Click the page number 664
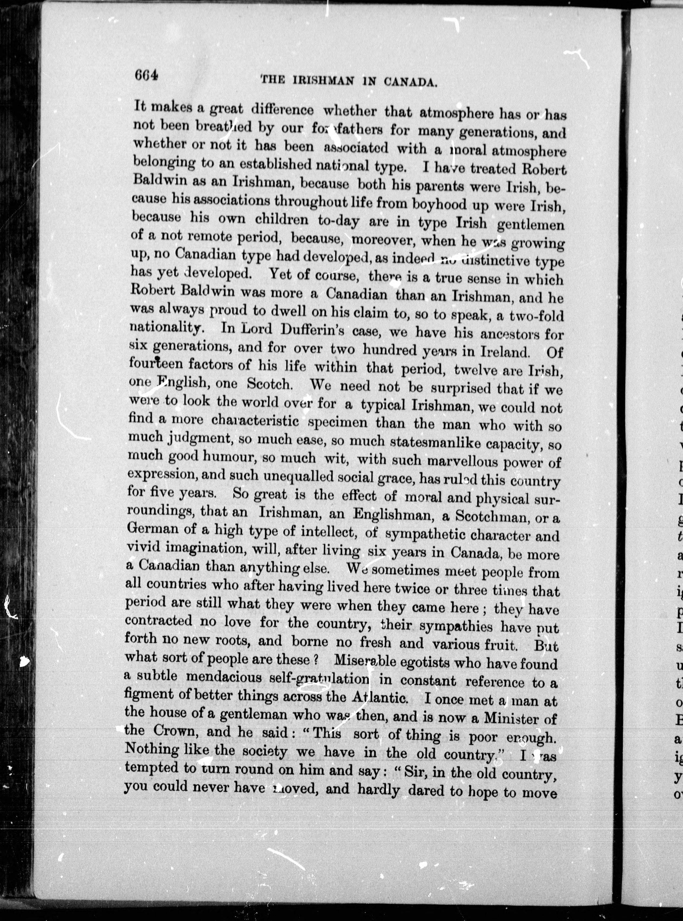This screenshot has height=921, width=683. pos(146,76)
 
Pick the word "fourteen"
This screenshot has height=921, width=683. pos(155,364)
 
